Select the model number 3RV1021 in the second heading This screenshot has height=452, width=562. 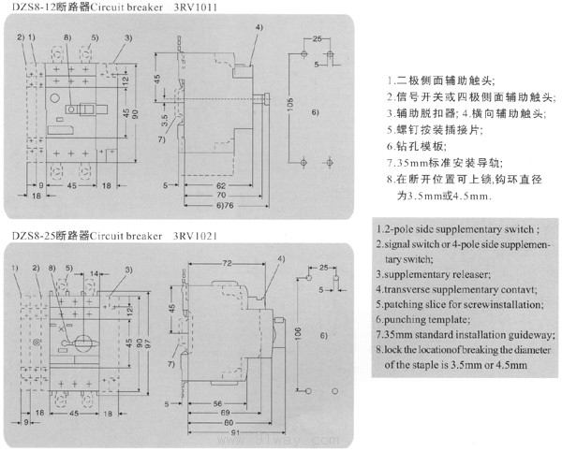pos(197,236)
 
